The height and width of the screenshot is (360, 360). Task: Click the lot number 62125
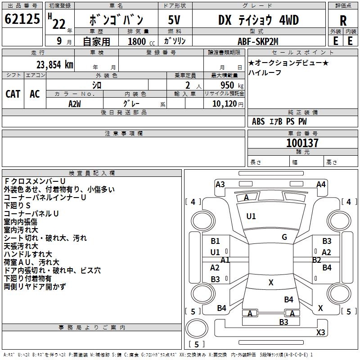22,19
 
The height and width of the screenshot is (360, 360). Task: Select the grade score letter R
343,20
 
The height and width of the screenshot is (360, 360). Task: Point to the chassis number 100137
302,143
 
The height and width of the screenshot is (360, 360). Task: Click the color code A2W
75,103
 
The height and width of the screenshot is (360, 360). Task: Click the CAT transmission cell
13,94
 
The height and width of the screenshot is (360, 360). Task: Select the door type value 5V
174,20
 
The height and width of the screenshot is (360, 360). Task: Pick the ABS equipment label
258,121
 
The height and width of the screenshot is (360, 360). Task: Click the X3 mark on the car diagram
320,333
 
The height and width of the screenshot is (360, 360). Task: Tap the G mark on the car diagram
284,237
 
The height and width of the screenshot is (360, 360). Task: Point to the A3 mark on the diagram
220,184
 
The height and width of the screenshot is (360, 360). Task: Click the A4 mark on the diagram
321,184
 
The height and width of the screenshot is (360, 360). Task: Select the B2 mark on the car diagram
316,260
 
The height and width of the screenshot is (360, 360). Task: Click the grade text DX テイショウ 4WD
258,20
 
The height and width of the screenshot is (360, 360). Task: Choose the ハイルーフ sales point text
265,73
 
